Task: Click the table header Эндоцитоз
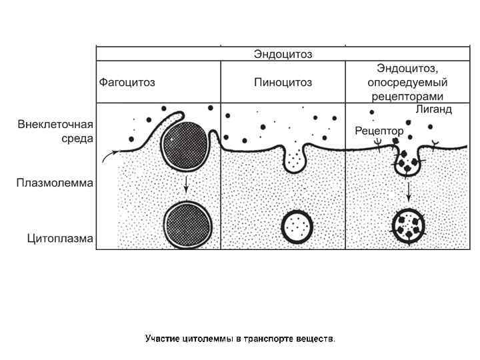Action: (283, 54)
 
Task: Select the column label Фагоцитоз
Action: (127, 83)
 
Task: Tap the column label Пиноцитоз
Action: (283, 83)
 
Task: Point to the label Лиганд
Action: (433, 109)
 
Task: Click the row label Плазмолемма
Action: (55, 182)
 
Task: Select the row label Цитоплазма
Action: (59, 237)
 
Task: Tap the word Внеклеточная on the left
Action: (55, 125)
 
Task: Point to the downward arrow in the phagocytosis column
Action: (186, 185)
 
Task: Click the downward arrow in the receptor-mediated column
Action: (408, 192)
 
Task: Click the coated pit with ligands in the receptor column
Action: (407, 161)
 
